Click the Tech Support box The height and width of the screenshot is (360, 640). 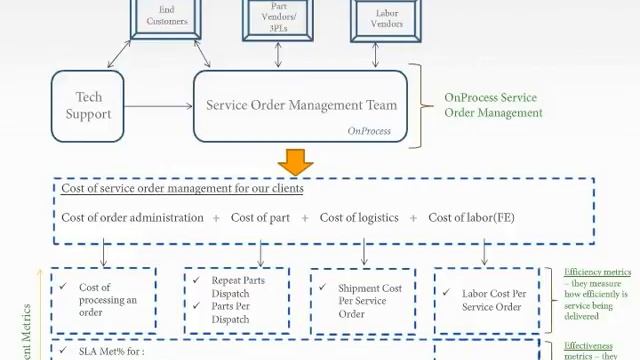tap(88, 106)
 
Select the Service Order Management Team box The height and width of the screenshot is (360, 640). tap(301, 105)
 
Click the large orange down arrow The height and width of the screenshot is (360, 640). tap(296, 163)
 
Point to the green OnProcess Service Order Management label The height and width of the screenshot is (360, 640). tap(493, 105)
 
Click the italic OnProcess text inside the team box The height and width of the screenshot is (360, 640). tap(368, 131)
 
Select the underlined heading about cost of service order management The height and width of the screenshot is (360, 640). tap(182, 188)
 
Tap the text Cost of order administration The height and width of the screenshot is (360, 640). tap(132, 217)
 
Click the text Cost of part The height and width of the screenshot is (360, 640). tap(261, 217)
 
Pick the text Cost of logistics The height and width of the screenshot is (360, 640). tap(359, 217)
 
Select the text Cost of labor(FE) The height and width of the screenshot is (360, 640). tap(471, 217)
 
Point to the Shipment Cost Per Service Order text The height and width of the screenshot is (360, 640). tap(370, 301)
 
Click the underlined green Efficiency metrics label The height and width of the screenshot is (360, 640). tap(597, 272)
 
